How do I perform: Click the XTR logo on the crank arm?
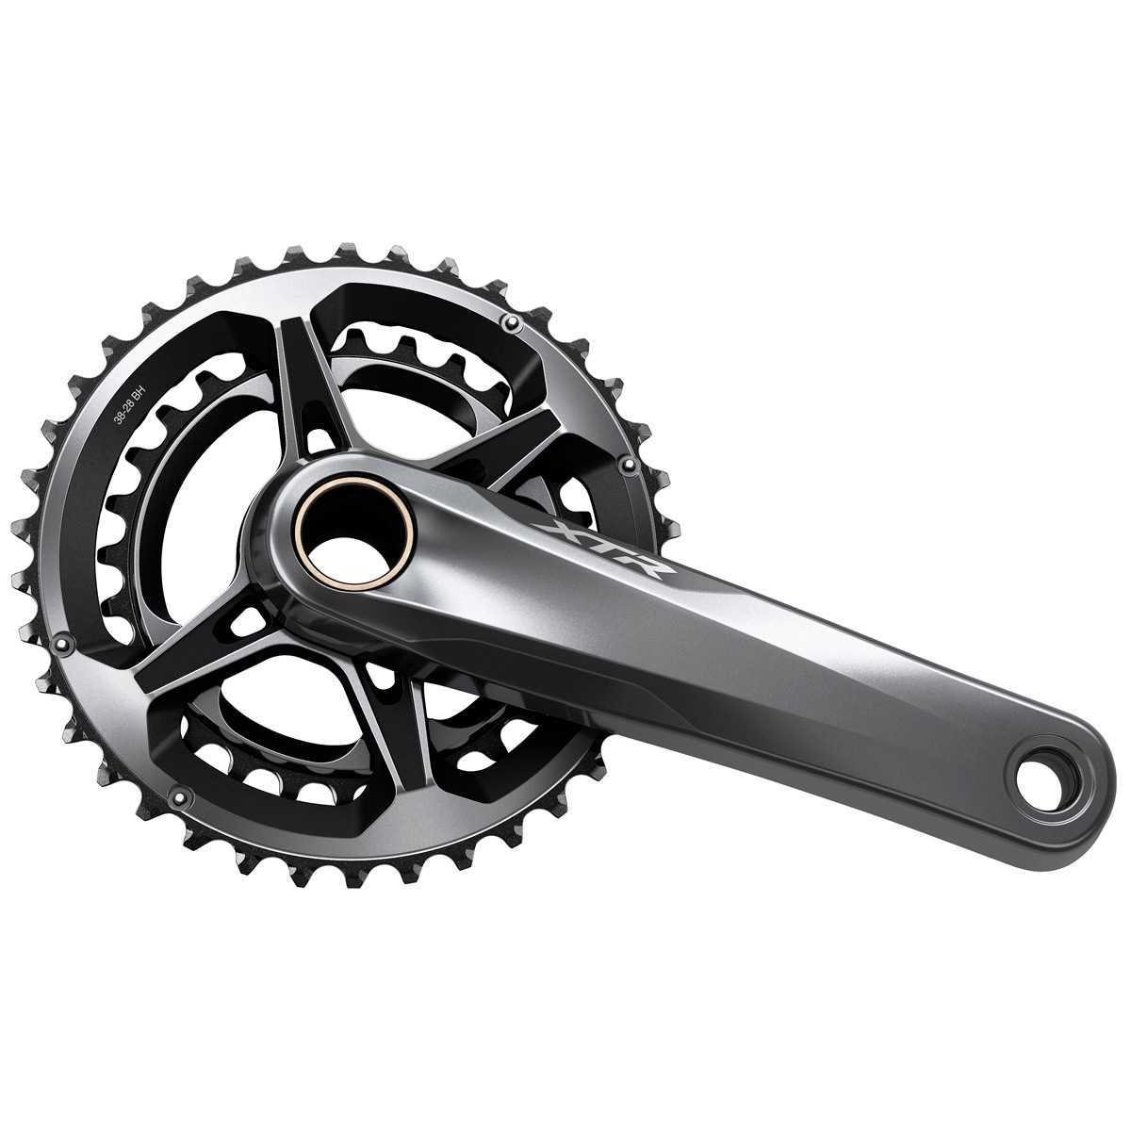click(603, 549)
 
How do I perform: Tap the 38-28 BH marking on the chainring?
click(130, 408)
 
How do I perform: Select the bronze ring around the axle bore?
click(354, 533)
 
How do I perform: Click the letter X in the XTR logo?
click(555, 533)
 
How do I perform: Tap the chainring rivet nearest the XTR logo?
click(628, 465)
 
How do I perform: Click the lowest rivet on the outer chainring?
click(180, 796)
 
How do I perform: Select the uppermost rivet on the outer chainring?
click(514, 321)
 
